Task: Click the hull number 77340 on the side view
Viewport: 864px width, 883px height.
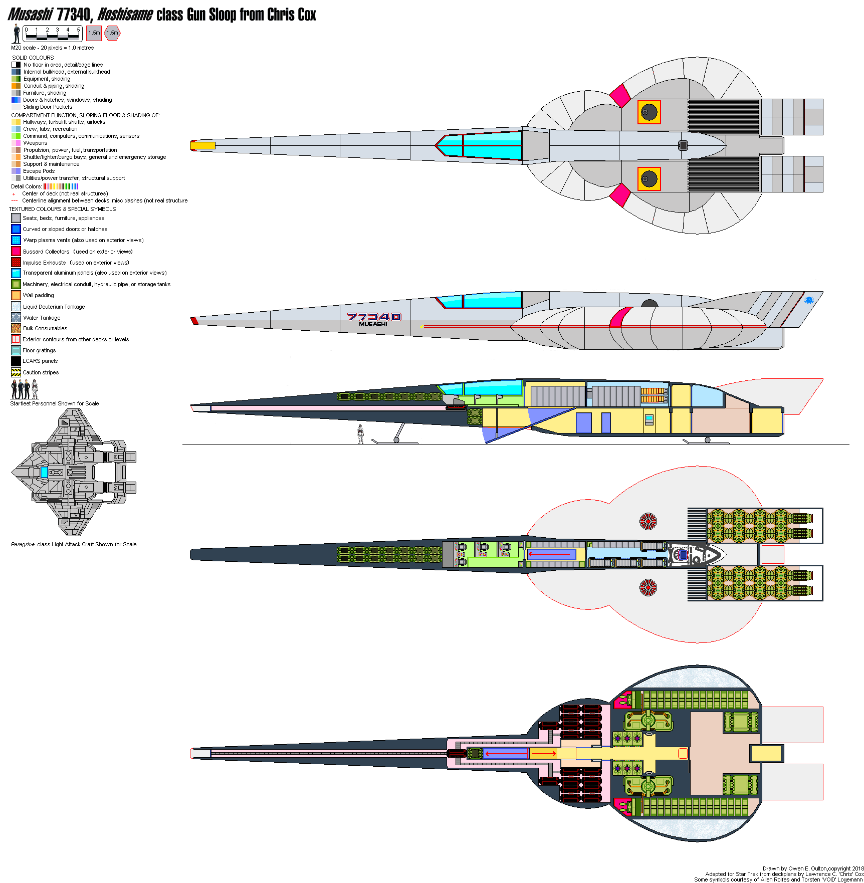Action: click(x=374, y=317)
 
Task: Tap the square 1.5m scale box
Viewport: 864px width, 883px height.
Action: click(x=94, y=33)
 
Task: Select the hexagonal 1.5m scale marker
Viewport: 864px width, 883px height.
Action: click(x=112, y=33)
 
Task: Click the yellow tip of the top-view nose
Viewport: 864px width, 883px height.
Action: click(x=202, y=145)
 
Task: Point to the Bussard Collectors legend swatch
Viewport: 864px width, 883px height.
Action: click(x=16, y=251)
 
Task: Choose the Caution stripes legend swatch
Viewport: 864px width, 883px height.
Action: click(x=16, y=372)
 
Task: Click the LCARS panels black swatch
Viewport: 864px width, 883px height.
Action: click(x=16, y=361)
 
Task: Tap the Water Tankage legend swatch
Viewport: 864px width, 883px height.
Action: click(x=16, y=317)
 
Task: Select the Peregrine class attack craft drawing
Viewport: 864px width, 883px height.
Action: click(x=74, y=472)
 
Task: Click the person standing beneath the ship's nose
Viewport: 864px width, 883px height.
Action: click(x=360, y=434)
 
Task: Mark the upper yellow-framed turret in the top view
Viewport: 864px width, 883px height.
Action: click(x=649, y=112)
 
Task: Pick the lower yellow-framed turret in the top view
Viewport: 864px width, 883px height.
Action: click(x=649, y=179)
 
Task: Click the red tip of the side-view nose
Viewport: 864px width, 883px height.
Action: click(x=194, y=321)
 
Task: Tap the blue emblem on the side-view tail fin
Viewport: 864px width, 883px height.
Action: click(x=808, y=300)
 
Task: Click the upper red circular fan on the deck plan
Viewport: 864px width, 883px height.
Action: click(x=648, y=522)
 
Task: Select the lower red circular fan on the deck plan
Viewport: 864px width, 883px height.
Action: click(x=648, y=587)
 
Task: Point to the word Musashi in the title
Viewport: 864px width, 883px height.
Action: click(x=30, y=15)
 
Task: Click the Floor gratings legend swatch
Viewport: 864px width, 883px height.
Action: click(x=16, y=350)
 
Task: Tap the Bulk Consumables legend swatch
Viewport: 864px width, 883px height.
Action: click(x=16, y=328)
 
